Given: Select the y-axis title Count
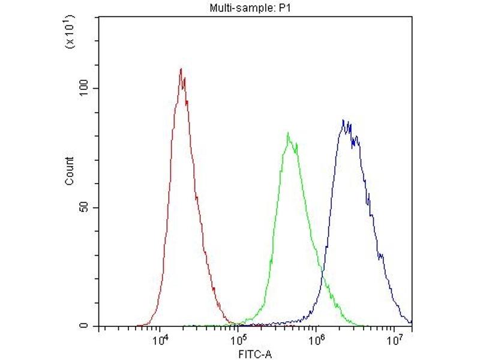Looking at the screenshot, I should point(70,171).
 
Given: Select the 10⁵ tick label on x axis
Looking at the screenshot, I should point(238,340).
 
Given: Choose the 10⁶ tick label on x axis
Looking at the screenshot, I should point(316,340).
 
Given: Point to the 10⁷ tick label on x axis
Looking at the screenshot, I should point(394,340).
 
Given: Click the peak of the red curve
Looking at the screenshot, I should point(181,69).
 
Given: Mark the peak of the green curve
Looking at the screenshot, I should point(288,133).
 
